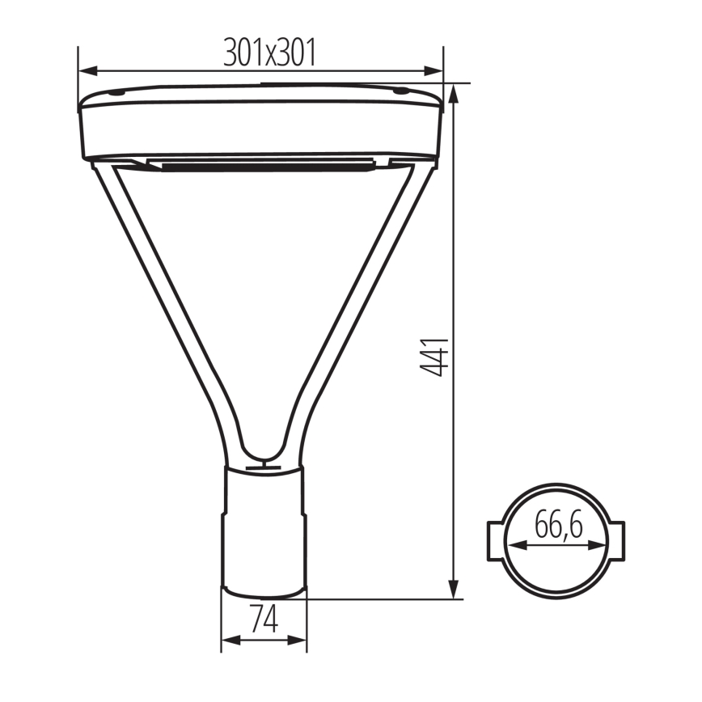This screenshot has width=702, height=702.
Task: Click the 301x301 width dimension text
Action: pos(269,53)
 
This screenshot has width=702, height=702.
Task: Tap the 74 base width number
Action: pos(264,620)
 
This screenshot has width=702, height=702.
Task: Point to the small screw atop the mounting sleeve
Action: pos(264,465)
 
